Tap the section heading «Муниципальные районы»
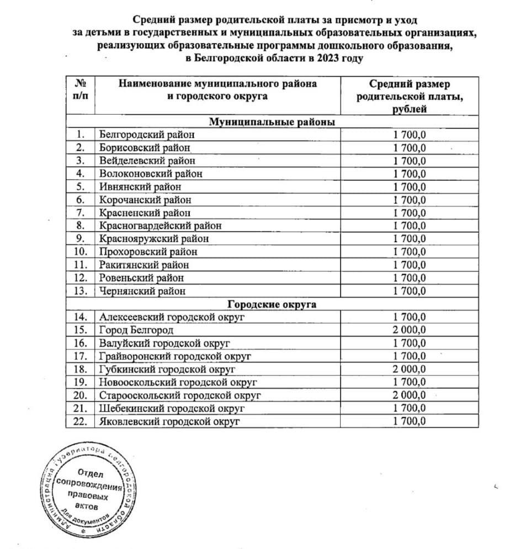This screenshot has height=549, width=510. pyautogui.click(x=273, y=122)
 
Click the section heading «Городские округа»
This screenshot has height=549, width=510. pyautogui.click(x=273, y=304)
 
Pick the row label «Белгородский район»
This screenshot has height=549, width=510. pyautogui.click(x=147, y=134)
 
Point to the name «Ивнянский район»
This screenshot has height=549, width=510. pyautogui.click(x=141, y=186)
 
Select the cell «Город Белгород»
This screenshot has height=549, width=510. pyautogui.click(x=136, y=330)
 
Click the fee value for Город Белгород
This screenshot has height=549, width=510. pyautogui.click(x=410, y=330)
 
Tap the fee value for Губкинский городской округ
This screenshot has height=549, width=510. pyautogui.click(x=410, y=369)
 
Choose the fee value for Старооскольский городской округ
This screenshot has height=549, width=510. pyautogui.click(x=410, y=395)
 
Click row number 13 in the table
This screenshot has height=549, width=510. pyautogui.click(x=81, y=291)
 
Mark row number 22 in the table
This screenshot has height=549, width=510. pyautogui.click(x=81, y=422)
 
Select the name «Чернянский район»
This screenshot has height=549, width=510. pyautogui.click(x=142, y=291)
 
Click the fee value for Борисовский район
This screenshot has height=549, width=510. pyautogui.click(x=410, y=147)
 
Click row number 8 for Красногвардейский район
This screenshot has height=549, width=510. pyautogui.click(x=81, y=225)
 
